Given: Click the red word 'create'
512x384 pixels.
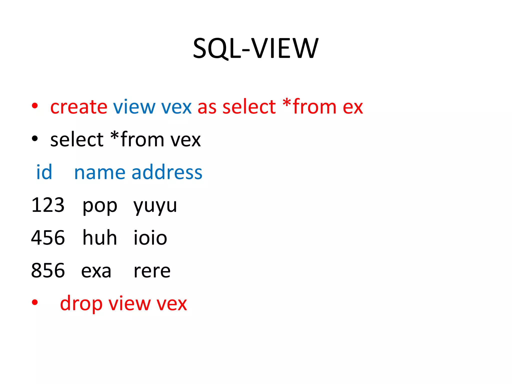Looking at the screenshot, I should tap(79, 107).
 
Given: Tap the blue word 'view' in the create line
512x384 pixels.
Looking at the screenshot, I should tap(134, 107).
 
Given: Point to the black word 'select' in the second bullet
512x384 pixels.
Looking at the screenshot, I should tap(77, 139).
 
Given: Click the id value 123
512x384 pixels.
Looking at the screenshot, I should tap(48, 205).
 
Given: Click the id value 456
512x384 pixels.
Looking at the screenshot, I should tap(48, 238).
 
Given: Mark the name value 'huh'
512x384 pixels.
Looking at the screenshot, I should tap(100, 237).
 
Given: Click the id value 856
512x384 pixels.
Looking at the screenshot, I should tap(48, 270).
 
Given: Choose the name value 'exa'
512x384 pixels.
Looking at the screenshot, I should tap(96, 271).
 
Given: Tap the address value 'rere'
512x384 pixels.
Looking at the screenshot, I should tap(152, 271).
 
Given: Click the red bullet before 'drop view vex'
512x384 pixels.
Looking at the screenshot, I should tap(35, 302).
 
